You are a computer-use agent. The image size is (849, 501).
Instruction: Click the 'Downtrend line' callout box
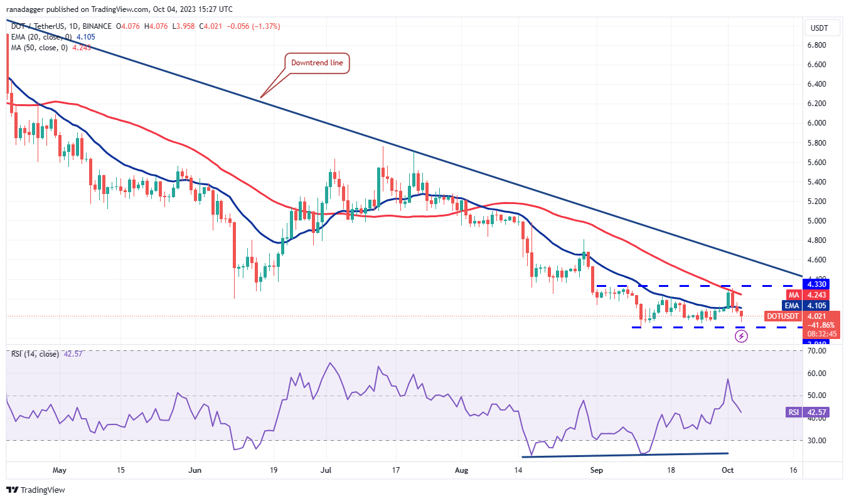click(x=317, y=63)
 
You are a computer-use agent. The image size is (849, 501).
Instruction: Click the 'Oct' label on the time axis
click(x=729, y=470)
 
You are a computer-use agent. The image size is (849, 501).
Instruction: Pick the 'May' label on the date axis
click(x=60, y=470)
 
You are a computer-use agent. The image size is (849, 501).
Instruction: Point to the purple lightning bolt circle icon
click(x=741, y=337)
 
